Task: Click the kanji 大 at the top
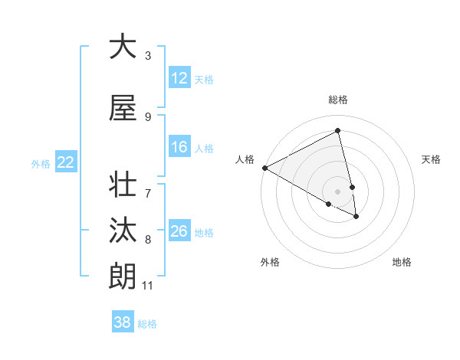click(123, 46)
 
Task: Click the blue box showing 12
click(179, 78)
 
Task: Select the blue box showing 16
click(179, 147)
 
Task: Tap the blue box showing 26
click(179, 231)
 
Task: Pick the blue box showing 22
click(65, 162)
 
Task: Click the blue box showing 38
click(123, 322)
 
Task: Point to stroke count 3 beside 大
click(148, 56)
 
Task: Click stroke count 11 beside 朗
click(147, 286)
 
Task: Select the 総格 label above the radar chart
click(338, 100)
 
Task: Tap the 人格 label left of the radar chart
click(245, 159)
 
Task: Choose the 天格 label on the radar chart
click(432, 159)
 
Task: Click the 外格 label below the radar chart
click(270, 262)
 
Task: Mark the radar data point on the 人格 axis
click(264, 168)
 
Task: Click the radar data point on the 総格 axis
click(338, 131)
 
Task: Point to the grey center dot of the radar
click(338, 191)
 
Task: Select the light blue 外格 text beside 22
click(41, 163)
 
